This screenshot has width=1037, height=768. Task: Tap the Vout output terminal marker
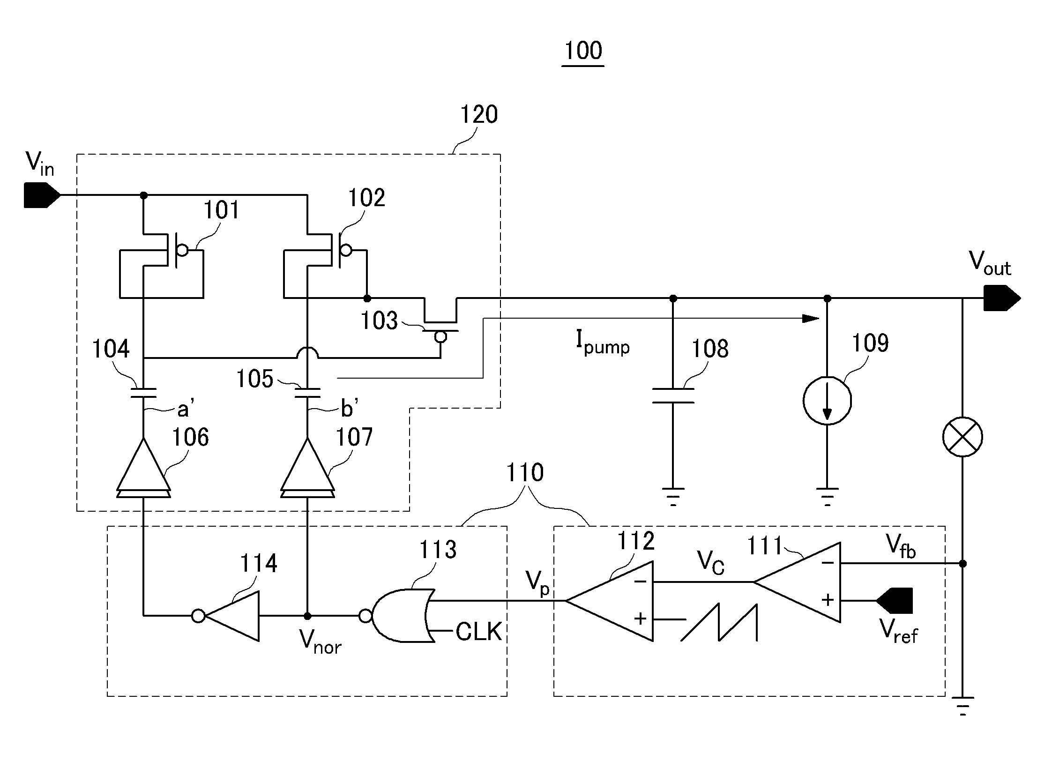(1002, 298)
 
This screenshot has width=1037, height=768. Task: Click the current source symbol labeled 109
(827, 401)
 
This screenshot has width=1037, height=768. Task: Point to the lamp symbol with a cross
(962, 437)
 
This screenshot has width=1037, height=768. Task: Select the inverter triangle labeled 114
(226, 616)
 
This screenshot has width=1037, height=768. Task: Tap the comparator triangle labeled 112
(610, 601)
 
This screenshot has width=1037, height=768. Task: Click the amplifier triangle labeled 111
(797, 582)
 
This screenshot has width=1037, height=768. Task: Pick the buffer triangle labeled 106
(143, 468)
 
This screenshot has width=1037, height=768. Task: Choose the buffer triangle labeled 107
(307, 468)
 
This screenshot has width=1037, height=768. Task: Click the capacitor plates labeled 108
(673, 395)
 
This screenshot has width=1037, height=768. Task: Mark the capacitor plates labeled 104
(143, 393)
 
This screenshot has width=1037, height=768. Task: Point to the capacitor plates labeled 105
(307, 393)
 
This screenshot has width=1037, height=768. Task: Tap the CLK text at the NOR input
(478, 631)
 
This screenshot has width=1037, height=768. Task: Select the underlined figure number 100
(583, 51)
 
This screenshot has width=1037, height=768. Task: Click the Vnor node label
(320, 641)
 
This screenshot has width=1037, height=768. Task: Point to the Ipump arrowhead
(811, 319)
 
